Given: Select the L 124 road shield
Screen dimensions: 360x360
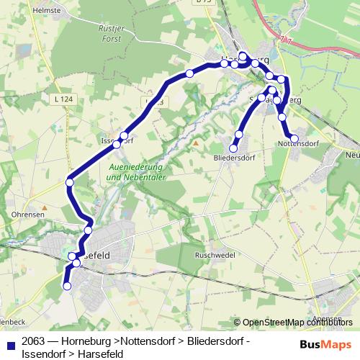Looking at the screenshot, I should tap(62, 98).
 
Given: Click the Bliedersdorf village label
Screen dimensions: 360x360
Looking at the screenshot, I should tap(235, 156).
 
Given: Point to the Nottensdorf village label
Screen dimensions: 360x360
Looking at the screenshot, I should tap(297, 144).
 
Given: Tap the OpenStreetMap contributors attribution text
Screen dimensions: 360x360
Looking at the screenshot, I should tap(297, 323).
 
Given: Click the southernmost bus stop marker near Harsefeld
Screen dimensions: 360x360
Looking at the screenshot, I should tap(68, 286).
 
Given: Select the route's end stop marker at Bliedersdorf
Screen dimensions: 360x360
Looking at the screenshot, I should tap(233, 148).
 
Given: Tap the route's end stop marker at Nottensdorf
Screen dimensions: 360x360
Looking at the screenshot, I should tap(294, 138).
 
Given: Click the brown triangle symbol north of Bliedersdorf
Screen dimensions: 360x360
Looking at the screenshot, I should tap(195, 143).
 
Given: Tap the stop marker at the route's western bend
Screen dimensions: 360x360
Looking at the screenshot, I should tap(70, 183).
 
